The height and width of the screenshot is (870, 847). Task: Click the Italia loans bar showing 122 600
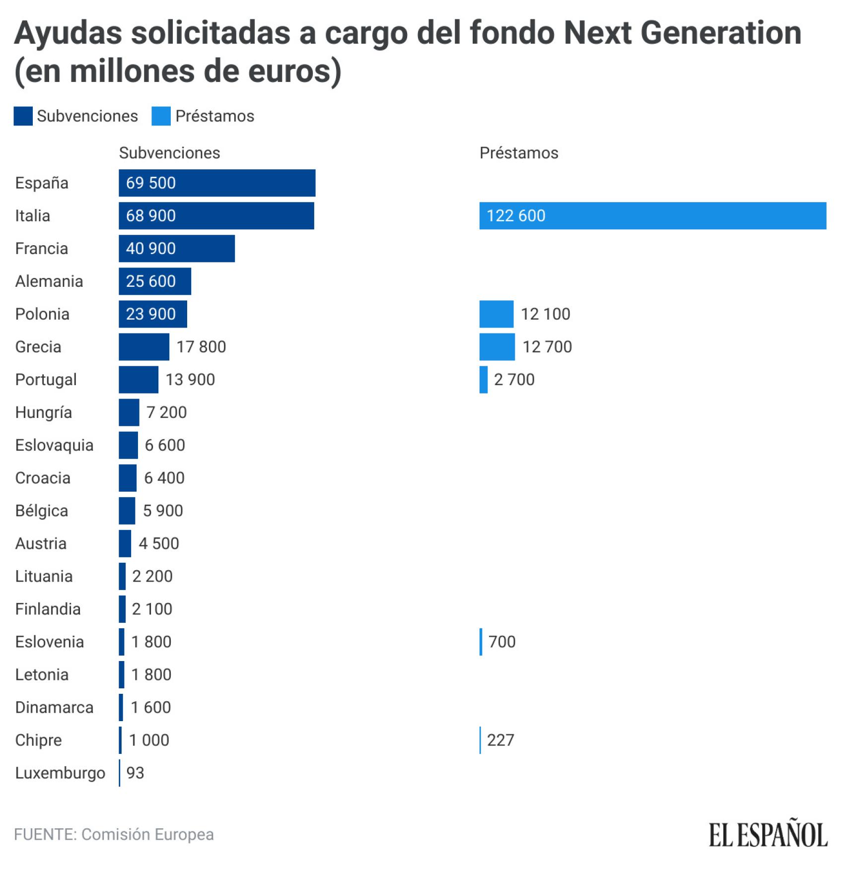(652, 215)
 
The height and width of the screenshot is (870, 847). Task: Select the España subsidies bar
(217, 183)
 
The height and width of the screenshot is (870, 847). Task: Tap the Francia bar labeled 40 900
(176, 248)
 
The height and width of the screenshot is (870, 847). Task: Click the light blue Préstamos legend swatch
(161, 116)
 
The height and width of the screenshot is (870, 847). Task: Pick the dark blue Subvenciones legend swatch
(23, 116)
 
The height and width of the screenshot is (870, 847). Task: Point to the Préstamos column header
(518, 153)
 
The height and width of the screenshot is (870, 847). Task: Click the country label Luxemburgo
(60, 773)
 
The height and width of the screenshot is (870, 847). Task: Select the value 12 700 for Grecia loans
(547, 346)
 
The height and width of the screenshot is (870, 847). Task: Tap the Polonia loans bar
(496, 314)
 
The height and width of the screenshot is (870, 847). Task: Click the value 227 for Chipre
(500, 740)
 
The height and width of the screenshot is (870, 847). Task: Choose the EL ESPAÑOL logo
(768, 835)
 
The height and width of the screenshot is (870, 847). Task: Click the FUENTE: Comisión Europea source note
(114, 834)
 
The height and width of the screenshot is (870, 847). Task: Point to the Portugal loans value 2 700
(514, 379)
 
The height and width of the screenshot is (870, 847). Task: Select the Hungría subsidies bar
(129, 412)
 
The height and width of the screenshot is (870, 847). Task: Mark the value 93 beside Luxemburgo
(135, 773)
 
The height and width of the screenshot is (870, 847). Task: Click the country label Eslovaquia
(54, 445)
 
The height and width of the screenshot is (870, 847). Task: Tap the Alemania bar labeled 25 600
(154, 281)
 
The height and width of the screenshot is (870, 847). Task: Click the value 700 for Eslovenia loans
(501, 642)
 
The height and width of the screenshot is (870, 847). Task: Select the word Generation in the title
(721, 33)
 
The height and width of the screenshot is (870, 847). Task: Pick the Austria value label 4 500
(158, 543)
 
